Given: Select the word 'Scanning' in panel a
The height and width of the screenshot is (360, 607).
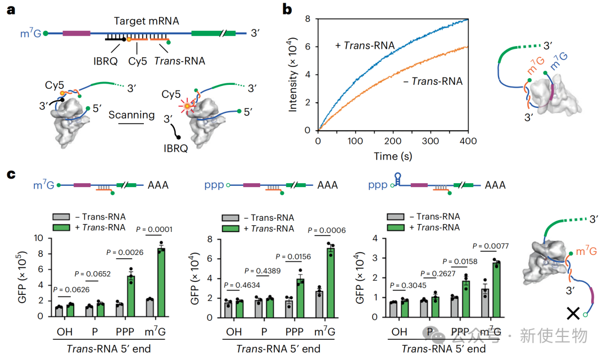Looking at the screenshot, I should point(132,115).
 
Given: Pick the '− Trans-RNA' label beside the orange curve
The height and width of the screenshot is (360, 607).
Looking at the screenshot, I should point(433,81).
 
